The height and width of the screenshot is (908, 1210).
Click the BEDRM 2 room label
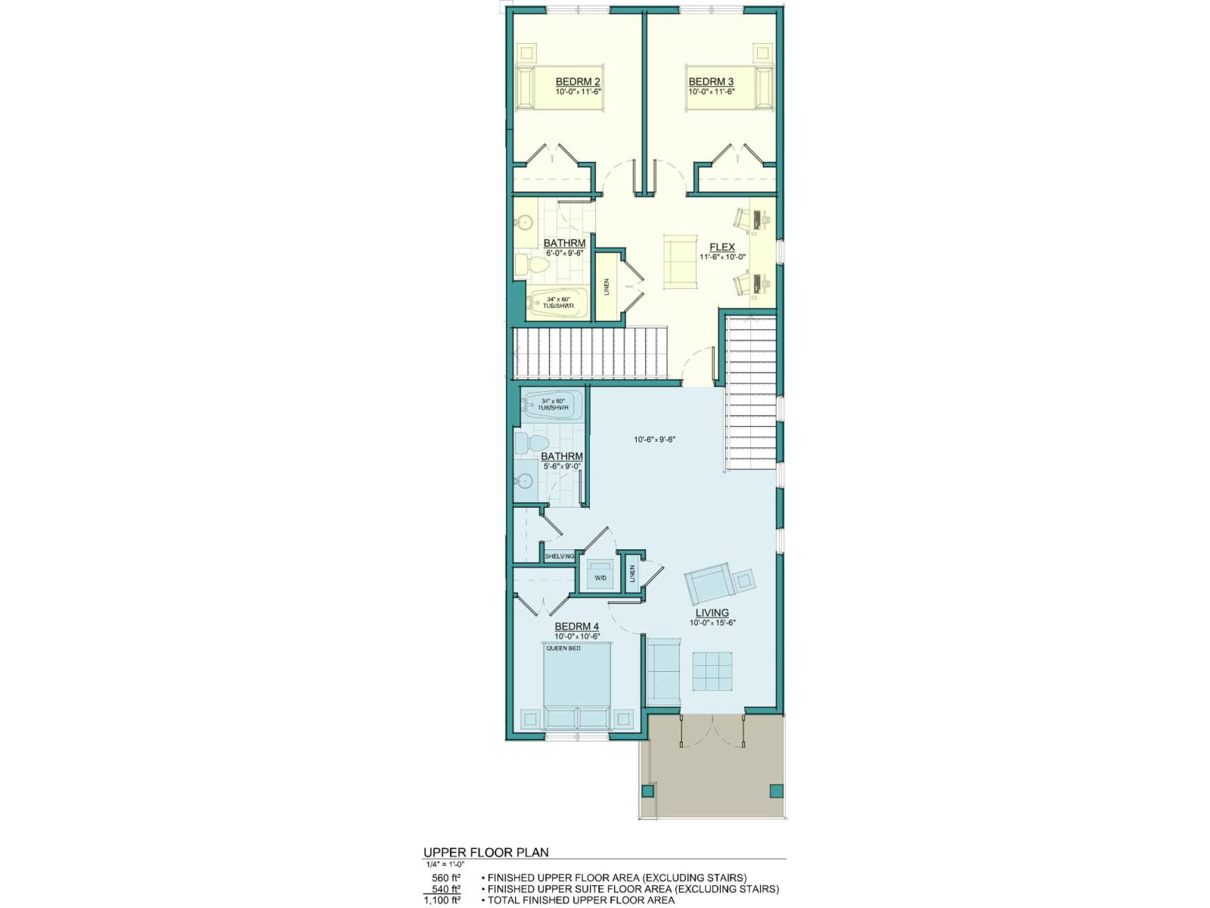(x=578, y=82)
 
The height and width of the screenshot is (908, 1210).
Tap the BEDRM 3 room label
(x=710, y=82)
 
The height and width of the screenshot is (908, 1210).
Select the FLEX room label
(x=722, y=247)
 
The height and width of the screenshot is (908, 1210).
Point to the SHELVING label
(x=560, y=556)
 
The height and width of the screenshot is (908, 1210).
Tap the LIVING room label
(x=712, y=613)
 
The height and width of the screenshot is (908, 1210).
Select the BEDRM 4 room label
(x=577, y=627)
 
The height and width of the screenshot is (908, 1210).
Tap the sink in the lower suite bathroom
(x=524, y=480)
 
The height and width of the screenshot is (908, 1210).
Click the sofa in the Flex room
(x=681, y=261)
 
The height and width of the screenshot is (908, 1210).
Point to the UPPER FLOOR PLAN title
(x=486, y=852)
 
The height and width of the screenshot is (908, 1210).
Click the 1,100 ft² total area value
(x=442, y=900)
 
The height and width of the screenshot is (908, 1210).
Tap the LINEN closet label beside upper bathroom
(x=607, y=288)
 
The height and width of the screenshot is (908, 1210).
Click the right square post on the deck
(x=775, y=791)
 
